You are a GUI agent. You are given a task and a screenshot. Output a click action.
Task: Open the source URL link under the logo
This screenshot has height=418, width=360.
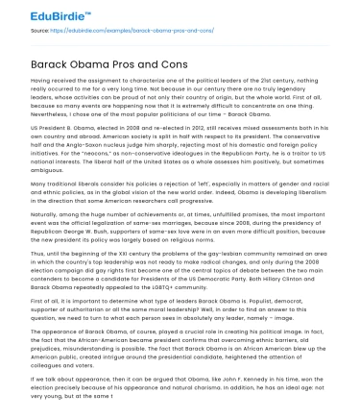[x=125, y=30]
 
